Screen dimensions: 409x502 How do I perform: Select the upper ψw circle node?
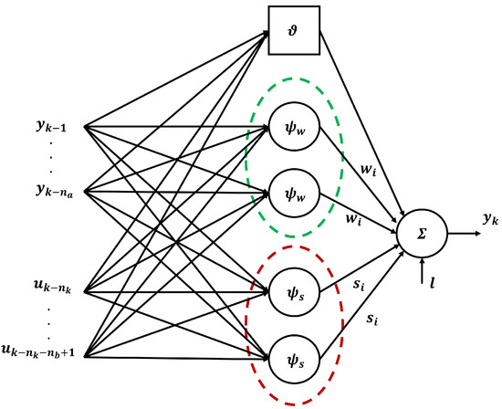point(293,129)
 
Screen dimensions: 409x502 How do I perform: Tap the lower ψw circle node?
point(293,194)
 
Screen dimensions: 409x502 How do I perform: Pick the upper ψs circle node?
point(293,291)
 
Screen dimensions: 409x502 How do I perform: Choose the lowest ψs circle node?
point(293,357)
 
